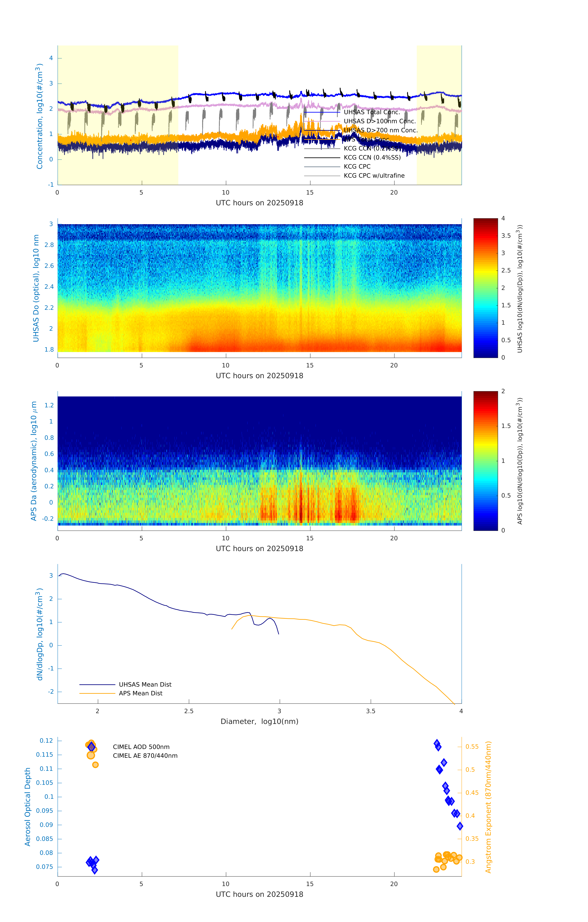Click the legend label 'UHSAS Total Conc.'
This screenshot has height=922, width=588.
click(x=372, y=112)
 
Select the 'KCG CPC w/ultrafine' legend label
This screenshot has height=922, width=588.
click(x=374, y=176)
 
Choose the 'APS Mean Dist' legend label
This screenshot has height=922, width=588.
click(x=141, y=693)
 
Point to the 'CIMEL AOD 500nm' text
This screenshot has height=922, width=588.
click(x=141, y=747)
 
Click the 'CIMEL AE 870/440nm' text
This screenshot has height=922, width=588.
click(x=145, y=756)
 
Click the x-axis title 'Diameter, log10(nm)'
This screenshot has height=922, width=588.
click(x=259, y=722)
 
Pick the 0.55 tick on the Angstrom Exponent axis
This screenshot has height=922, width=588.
click(x=472, y=747)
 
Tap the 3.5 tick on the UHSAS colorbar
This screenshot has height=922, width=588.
click(x=506, y=236)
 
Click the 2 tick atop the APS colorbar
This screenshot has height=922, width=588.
click(x=503, y=391)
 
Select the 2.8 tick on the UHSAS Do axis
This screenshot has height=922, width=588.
click(x=49, y=245)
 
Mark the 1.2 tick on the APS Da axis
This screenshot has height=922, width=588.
click(x=49, y=406)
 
